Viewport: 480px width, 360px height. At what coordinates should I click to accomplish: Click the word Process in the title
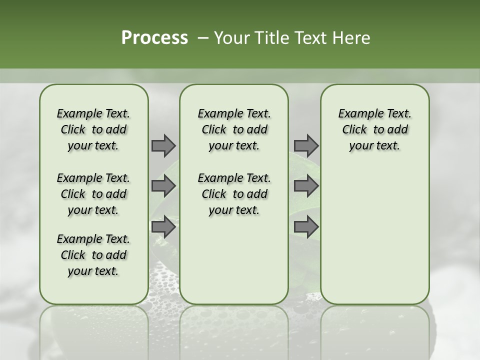point(154,38)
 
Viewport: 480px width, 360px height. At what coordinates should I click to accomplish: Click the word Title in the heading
point(269,38)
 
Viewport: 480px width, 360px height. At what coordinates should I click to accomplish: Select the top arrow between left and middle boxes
point(163,145)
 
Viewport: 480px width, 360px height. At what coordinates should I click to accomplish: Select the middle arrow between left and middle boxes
point(163,186)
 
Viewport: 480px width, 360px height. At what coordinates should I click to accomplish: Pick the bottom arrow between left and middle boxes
point(163,227)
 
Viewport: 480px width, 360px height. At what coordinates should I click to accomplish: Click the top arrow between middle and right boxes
point(306,145)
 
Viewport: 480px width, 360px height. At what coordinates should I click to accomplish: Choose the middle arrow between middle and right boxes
point(306,186)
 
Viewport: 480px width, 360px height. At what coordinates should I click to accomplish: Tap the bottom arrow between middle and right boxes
point(306,227)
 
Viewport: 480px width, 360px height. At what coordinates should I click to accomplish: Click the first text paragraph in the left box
point(93,129)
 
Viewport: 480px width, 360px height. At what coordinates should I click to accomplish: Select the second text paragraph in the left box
point(93,194)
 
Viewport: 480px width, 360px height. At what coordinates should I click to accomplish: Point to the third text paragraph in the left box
point(93,255)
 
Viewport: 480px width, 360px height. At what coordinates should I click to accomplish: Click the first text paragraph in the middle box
point(234,129)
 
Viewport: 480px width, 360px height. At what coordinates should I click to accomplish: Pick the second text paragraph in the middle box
point(234,194)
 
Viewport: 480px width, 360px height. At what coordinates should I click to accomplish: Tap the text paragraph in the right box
point(375,129)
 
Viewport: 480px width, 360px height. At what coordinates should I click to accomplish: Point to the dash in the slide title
point(203,38)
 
